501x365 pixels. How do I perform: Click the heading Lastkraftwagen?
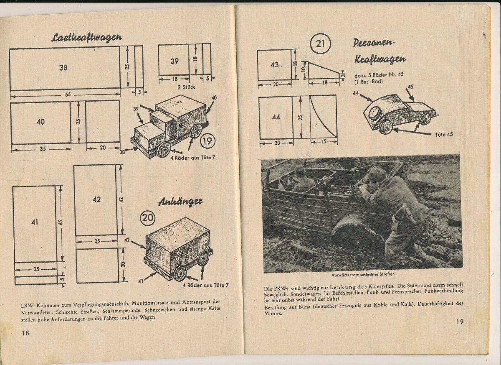point(86,38)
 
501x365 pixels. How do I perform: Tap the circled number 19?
point(207,141)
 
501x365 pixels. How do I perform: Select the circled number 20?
point(148,218)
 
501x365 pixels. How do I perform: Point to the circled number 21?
point(320,44)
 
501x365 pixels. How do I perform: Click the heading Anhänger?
point(180,202)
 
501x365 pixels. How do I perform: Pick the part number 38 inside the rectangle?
point(63,67)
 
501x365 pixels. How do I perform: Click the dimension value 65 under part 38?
point(68,94)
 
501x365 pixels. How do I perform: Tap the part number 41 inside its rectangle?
point(34,222)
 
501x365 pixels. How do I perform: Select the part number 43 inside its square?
point(274,65)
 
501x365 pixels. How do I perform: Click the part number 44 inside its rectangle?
point(276,117)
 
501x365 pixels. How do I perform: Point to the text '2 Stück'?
point(186,87)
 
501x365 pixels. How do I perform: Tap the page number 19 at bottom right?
point(459,322)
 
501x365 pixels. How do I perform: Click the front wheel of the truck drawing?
point(163,150)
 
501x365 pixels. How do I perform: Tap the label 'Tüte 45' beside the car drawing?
point(444,134)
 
